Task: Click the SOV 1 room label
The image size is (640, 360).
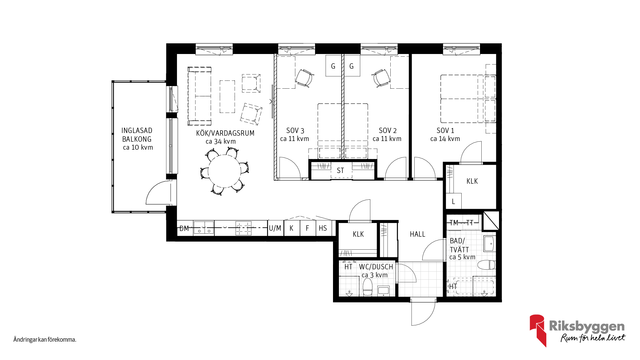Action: (445, 131)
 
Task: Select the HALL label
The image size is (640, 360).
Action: (417, 234)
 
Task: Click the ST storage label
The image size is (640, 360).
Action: (340, 171)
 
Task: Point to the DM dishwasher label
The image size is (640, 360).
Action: (184, 228)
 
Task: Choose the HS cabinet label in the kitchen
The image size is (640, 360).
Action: (323, 228)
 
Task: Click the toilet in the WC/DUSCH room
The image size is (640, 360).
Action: (367, 287)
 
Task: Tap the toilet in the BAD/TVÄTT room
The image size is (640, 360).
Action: (486, 265)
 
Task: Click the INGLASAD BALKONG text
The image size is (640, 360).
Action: (137, 135)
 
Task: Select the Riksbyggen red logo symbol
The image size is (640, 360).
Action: (537, 330)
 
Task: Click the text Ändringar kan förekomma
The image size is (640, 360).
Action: (45, 340)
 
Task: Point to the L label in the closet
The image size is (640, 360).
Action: (453, 202)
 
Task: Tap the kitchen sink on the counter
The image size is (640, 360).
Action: (204, 228)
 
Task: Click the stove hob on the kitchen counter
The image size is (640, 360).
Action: (243, 228)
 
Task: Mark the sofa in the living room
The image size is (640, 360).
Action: (199, 96)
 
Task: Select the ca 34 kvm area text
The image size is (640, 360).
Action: (221, 141)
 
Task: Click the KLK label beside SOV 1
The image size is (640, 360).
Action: (472, 181)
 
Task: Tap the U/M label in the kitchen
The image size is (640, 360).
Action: (275, 228)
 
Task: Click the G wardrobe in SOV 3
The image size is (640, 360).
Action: (333, 66)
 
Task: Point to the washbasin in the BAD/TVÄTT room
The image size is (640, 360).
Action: (490, 244)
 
